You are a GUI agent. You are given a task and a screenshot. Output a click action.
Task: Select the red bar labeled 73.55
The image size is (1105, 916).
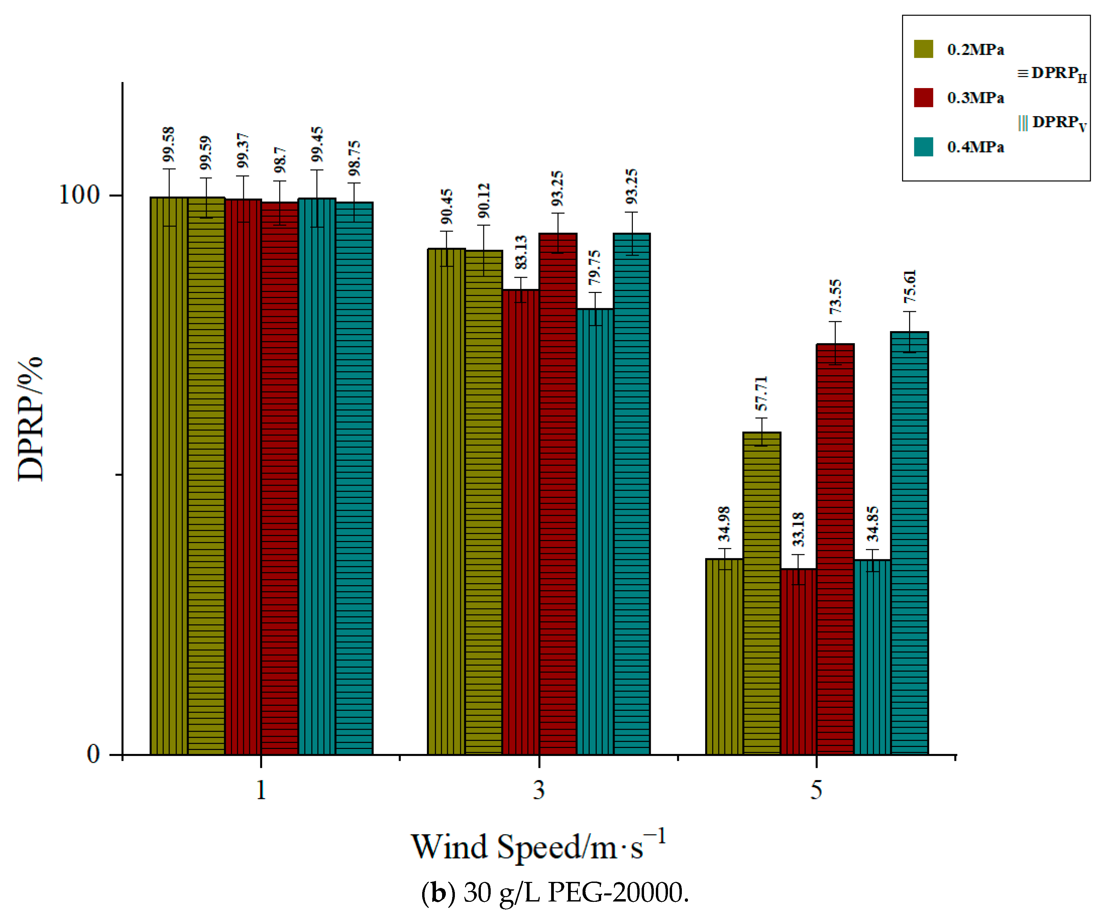pos(835,549)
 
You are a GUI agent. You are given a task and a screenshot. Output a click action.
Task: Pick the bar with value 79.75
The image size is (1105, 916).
pos(595,531)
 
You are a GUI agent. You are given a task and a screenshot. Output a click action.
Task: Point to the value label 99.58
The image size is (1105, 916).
pos(169,144)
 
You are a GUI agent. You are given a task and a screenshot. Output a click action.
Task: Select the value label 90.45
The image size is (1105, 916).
pos(446,207)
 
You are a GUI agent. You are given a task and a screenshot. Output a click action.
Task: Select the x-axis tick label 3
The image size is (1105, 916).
pos(538,790)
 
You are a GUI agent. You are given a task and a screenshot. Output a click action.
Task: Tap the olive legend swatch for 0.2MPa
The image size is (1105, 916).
pos(923,49)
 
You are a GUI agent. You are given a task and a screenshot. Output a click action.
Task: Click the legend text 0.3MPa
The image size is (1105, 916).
pos(975,98)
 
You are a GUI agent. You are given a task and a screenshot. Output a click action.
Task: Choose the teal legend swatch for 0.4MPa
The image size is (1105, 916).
pos(923,147)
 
